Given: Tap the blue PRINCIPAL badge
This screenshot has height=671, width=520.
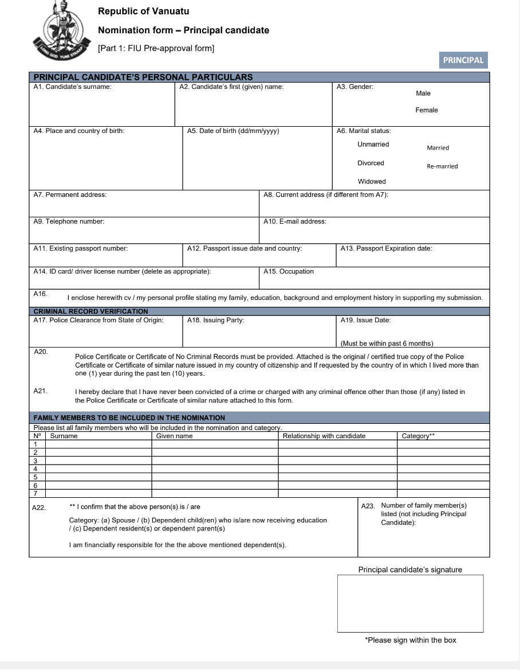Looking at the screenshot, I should tap(463, 60).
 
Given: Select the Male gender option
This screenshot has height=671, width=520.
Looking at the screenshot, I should tap(423, 93).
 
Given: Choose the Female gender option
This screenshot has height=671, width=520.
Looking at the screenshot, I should tap(427, 110).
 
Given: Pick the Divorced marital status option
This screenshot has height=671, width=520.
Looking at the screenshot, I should tap(371, 163).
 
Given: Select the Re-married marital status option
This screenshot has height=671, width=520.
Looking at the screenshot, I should tap(442, 167).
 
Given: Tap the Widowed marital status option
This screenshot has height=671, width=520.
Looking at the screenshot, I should tap(372, 182).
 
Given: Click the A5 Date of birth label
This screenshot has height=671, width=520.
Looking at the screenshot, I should tap(233, 131).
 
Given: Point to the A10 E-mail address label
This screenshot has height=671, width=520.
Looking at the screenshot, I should tap(294, 221).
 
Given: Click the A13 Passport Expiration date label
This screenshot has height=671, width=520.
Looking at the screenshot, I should tap(386, 248).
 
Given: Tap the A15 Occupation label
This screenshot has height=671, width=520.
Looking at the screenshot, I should tap(288, 271).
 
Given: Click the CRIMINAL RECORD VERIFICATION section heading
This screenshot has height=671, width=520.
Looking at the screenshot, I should tap(90, 311).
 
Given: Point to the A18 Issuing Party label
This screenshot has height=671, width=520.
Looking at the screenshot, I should tap(216, 320).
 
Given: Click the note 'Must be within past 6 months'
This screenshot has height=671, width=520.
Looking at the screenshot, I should tap(387, 344).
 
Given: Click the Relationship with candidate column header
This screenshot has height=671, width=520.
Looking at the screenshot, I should tap(324, 436).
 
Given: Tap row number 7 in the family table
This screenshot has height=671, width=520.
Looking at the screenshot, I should tap(36, 493).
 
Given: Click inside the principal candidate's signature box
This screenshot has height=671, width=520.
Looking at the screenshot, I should tap(410, 603).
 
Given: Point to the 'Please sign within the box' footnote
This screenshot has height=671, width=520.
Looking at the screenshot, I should tap(411, 640).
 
